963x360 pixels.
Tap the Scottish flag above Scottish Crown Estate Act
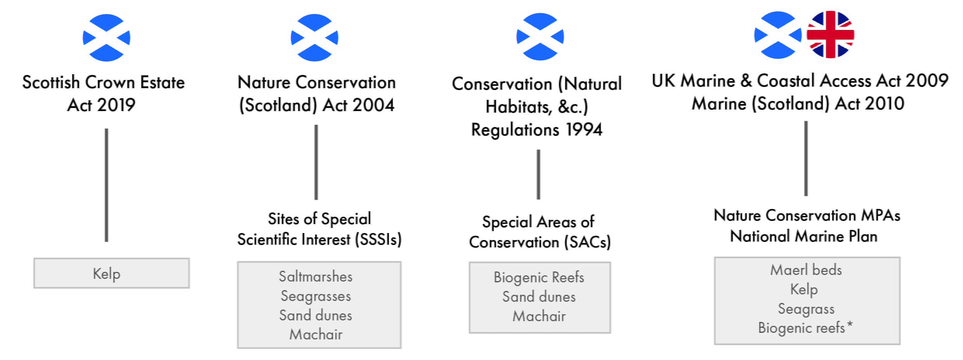[x=106, y=38]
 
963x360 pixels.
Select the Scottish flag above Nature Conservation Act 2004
[x=314, y=38]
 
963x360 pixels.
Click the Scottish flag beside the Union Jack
[x=777, y=35]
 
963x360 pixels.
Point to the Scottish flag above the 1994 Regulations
[x=540, y=37]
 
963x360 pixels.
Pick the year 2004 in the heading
[x=373, y=105]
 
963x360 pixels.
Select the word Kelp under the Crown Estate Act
[x=106, y=274]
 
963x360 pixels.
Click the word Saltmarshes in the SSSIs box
[x=316, y=277]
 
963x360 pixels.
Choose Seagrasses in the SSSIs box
[x=316, y=296]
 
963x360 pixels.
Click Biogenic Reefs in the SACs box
[x=539, y=277]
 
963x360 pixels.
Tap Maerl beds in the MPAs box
[x=806, y=270]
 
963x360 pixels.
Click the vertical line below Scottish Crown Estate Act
[x=106, y=185]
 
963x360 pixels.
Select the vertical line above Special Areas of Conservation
[x=538, y=174]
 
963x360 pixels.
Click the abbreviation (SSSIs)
[x=378, y=240]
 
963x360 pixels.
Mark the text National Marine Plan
[x=803, y=236]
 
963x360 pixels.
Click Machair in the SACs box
[x=539, y=316]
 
